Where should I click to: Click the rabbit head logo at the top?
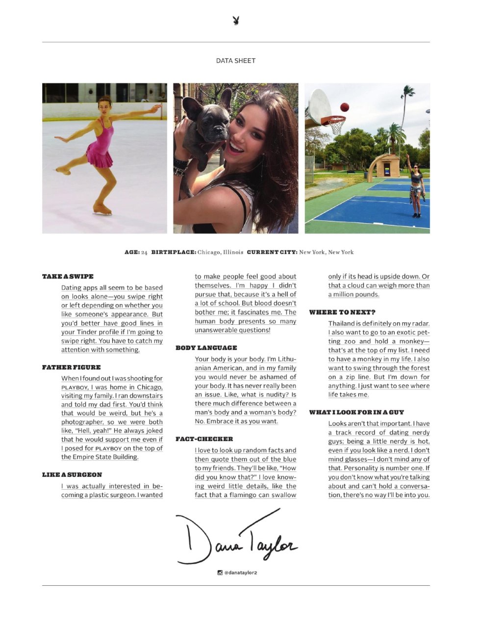pyautogui.click(x=236, y=21)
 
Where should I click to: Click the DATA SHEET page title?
pyautogui.click(x=236, y=61)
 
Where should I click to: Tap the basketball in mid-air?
pyautogui.click(x=345, y=107)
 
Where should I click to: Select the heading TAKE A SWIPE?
pyautogui.click(x=68, y=277)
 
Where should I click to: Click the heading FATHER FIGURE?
pyautogui.click(x=72, y=367)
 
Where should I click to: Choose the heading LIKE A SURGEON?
pyautogui.click(x=72, y=475)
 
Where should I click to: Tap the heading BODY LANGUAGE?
pyautogui.click(x=206, y=348)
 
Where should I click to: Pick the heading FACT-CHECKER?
pyautogui.click(x=204, y=439)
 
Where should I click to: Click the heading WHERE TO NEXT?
pyautogui.click(x=342, y=313)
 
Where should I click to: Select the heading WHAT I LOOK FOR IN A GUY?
pyautogui.click(x=356, y=413)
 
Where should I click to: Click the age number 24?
pyautogui.click(x=144, y=252)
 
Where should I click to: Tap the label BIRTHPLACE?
pyautogui.click(x=174, y=252)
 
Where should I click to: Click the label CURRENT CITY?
pyautogui.click(x=272, y=252)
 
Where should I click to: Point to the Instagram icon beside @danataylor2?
pyautogui.click(x=220, y=572)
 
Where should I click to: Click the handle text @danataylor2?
pyautogui.click(x=241, y=573)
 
